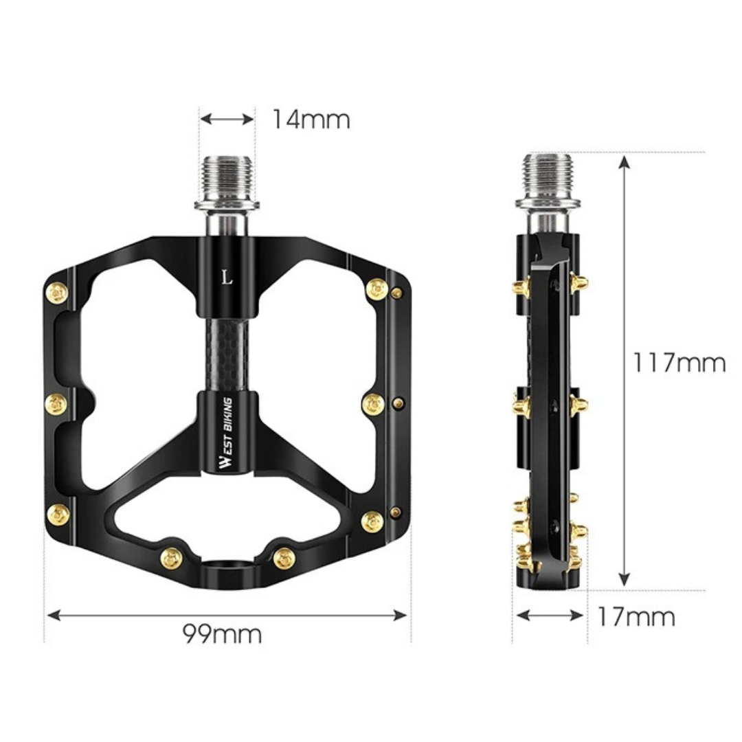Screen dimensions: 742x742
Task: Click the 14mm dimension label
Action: (311, 120)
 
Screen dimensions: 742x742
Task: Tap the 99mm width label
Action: (222, 633)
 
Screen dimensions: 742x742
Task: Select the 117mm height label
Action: (679, 362)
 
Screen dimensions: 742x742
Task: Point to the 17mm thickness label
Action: (636, 617)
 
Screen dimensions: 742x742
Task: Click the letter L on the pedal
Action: (227, 278)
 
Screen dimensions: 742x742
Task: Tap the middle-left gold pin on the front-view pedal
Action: (56, 404)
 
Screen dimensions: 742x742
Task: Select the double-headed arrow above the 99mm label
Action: (227, 615)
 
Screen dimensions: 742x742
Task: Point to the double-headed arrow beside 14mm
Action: (227, 120)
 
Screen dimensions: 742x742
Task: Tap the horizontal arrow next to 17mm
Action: (550, 615)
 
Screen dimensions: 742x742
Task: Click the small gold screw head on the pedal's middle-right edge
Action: (396, 403)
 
